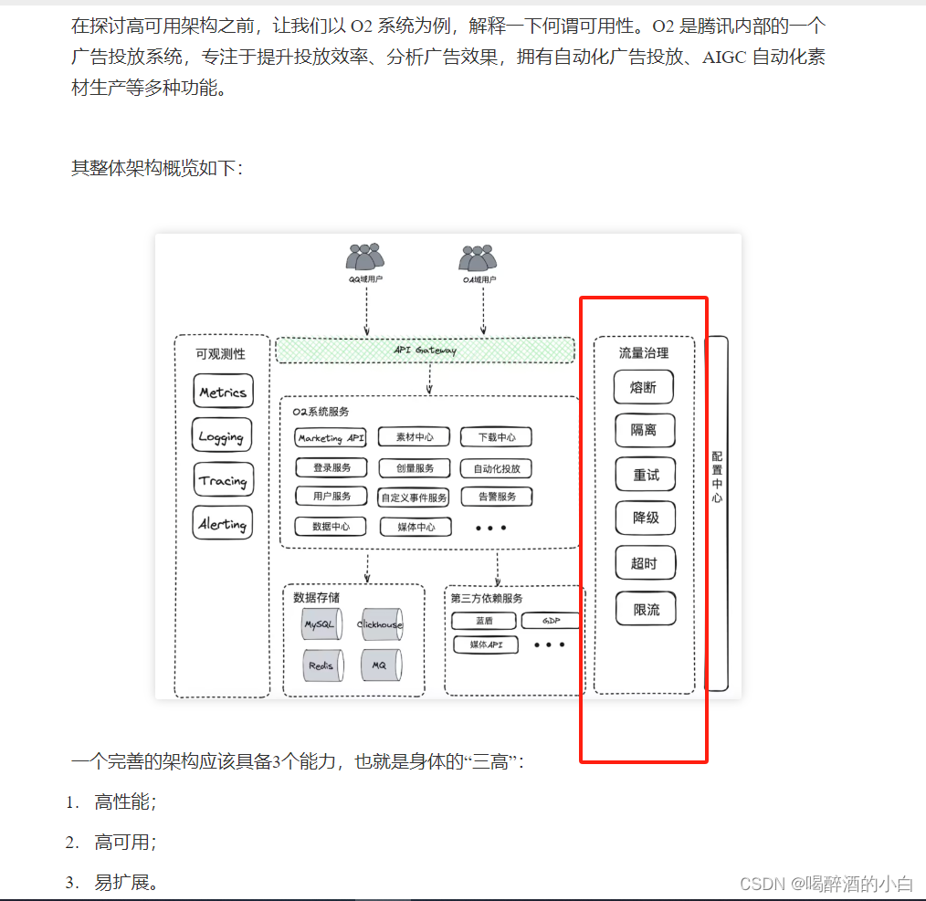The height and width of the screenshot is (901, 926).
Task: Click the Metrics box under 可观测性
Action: click(x=223, y=392)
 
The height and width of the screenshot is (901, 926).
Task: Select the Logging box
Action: click(x=221, y=435)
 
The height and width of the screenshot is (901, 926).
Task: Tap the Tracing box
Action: click(x=223, y=480)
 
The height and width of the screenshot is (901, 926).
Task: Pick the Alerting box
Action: click(x=223, y=524)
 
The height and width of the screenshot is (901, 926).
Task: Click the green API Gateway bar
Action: click(x=425, y=350)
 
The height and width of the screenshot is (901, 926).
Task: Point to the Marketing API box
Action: click(x=331, y=438)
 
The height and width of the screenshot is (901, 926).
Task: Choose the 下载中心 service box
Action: click(x=495, y=438)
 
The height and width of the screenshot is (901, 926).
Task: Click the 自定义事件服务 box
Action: click(x=414, y=498)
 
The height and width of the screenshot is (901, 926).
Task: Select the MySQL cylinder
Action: click(x=320, y=624)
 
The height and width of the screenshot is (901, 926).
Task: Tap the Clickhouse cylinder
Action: click(x=380, y=624)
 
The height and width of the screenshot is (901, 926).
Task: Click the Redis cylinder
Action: click(x=321, y=665)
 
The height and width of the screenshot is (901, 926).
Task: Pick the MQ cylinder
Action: click(x=379, y=665)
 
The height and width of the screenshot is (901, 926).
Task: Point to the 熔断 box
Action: click(x=644, y=387)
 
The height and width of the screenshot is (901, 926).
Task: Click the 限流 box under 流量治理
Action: click(x=646, y=609)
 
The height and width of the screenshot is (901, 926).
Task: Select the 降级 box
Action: click(x=646, y=518)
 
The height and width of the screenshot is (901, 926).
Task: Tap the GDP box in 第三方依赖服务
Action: click(x=550, y=621)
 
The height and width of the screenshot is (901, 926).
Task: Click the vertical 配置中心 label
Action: click(x=718, y=477)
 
